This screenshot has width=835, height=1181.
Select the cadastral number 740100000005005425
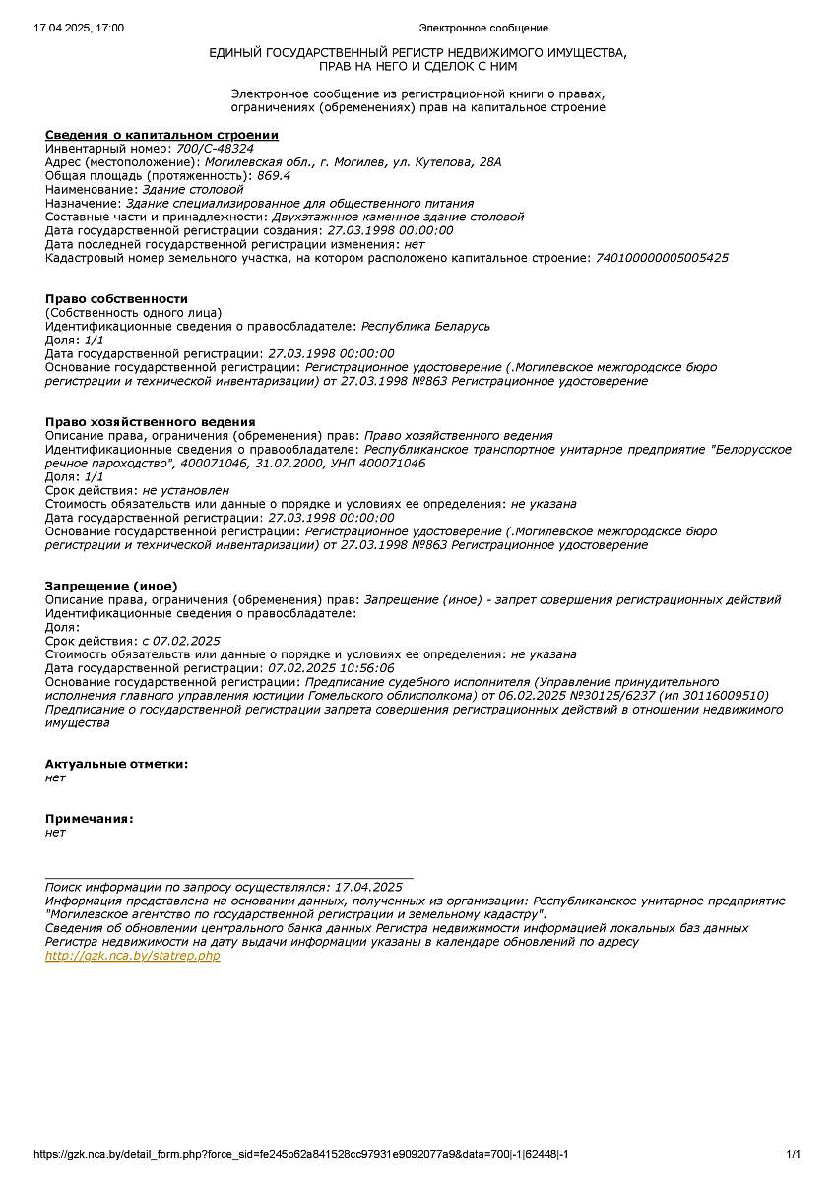click(663, 258)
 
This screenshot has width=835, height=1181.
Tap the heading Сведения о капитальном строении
click(161, 135)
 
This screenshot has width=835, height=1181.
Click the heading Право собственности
click(116, 299)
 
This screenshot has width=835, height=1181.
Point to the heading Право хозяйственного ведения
click(150, 422)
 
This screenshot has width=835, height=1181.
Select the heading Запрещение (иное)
click(111, 586)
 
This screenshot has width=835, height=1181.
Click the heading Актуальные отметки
click(116, 764)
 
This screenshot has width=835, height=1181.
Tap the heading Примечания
click(90, 819)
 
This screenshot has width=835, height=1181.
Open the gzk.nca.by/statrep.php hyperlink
click(133, 956)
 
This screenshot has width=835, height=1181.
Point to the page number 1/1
click(793, 1154)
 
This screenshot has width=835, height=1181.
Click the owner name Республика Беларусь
click(425, 326)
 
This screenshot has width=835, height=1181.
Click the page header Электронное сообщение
click(483, 29)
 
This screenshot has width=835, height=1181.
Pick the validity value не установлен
click(185, 490)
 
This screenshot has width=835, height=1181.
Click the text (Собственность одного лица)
click(134, 312)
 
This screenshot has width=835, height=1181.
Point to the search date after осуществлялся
click(368, 887)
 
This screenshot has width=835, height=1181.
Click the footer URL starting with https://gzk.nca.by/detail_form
click(300, 1154)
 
